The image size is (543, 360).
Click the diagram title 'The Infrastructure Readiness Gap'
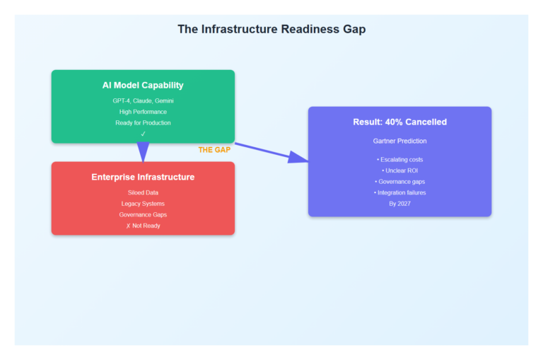tap(271, 29)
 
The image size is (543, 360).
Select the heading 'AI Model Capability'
tap(143, 86)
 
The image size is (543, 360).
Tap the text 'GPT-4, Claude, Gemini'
tap(143, 100)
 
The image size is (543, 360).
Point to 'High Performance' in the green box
tap(143, 112)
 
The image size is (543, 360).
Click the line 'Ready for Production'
tap(143, 123)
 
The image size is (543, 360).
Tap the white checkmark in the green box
tap(143, 134)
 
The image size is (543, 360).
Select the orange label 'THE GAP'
tap(215, 150)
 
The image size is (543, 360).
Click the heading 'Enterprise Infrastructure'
tap(143, 177)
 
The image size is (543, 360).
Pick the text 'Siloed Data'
tap(143, 192)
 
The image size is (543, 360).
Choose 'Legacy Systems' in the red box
tap(143, 204)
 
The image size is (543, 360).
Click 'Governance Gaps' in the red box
tap(143, 214)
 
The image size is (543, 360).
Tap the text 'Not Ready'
tap(146, 226)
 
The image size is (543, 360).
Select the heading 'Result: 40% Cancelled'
tap(399, 122)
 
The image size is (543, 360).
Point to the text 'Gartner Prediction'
tap(399, 141)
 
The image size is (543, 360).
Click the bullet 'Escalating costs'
tap(399, 160)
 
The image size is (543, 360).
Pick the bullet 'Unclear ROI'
tap(399, 170)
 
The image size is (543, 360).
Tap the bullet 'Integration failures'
tap(399, 192)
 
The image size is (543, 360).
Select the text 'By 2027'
tap(399, 204)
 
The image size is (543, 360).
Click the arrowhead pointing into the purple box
tap(300, 158)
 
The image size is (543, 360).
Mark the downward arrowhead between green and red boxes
tap(143, 151)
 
